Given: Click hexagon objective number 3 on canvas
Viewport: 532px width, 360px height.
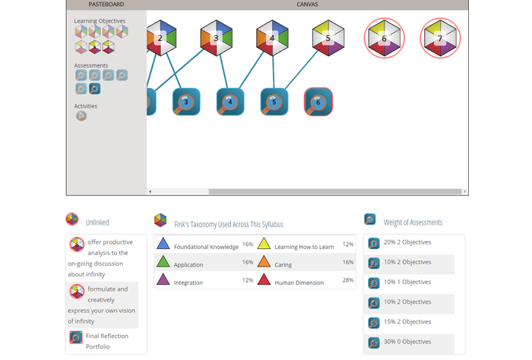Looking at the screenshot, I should (x=216, y=38).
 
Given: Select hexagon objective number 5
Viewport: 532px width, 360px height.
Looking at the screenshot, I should (x=328, y=38).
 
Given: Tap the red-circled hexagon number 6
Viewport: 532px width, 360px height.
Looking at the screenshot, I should (x=384, y=38).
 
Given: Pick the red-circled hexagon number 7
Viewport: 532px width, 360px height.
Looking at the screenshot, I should (x=440, y=38).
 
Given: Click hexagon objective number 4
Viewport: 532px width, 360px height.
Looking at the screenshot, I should (x=272, y=38).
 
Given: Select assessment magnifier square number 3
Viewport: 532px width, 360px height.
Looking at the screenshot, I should (x=186, y=102).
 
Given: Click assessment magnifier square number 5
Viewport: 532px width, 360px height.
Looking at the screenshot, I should (x=274, y=102).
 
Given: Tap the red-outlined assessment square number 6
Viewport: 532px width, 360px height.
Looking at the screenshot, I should (x=318, y=102).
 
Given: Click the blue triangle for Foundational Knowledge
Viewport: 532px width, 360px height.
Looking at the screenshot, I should (x=163, y=244).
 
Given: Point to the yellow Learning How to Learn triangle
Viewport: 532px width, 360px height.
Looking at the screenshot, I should (x=264, y=244).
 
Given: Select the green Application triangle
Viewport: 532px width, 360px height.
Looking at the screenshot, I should (x=163, y=262).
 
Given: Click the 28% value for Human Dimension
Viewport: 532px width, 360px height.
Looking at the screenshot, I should (x=347, y=280).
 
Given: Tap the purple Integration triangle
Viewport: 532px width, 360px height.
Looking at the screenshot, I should (x=163, y=279).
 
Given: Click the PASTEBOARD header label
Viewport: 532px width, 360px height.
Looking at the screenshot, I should (x=106, y=5).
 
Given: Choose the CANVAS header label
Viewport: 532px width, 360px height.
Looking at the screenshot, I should (x=307, y=5).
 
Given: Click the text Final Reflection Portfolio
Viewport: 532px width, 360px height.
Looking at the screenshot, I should (x=106, y=341).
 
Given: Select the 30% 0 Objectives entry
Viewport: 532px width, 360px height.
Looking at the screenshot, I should (x=407, y=342).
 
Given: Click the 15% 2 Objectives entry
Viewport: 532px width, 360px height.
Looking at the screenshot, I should (x=407, y=322).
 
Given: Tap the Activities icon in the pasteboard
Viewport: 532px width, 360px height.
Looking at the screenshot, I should (x=81, y=116).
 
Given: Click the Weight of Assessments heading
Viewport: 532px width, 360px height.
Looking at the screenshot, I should (x=413, y=223).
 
